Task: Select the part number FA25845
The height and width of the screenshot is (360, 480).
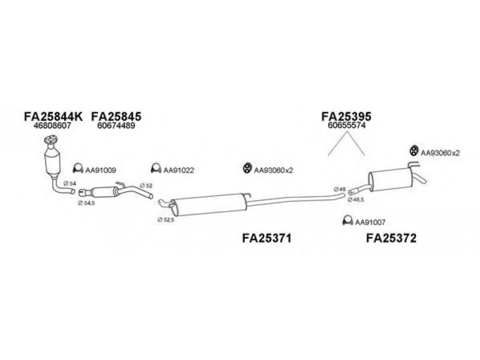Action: point(117,115)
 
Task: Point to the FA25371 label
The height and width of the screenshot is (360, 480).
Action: point(266,238)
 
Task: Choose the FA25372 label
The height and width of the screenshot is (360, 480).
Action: point(391,238)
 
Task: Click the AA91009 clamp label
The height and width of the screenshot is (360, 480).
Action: point(100,170)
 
